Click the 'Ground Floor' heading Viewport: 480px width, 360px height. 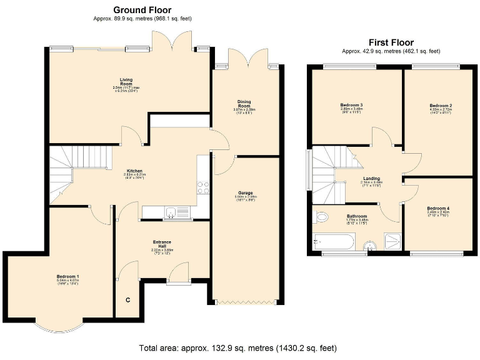click(142, 10)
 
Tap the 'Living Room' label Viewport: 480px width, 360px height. click(126, 81)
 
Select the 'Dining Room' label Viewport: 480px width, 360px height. click(244, 103)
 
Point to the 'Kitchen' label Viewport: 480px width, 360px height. click(135, 171)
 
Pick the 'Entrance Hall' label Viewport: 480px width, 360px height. click(162, 243)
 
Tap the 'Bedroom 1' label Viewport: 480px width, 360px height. click(67, 277)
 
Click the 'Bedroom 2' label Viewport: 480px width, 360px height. click(441, 106)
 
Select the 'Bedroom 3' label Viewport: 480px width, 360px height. click(351, 104)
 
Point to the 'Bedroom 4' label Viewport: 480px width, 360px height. click(438, 208)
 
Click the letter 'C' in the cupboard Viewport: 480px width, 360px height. click(128, 301)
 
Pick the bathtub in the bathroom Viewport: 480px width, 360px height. click(333, 241)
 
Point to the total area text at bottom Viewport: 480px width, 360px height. click(240, 347)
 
